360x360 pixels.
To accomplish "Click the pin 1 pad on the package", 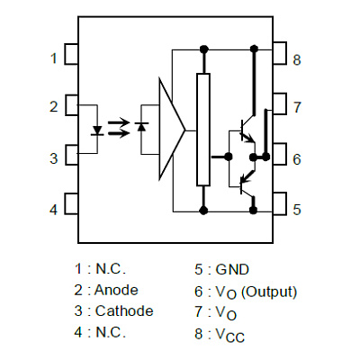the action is [x=71, y=54].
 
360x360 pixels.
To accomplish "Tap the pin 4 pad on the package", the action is [x=71, y=203].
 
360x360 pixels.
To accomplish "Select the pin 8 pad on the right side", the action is [x=280, y=53].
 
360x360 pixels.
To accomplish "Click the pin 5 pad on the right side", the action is [x=280, y=203].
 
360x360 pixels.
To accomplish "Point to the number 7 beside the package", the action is [x=297, y=107].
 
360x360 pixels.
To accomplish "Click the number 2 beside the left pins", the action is [x=53, y=107].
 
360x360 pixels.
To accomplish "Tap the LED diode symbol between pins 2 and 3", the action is [x=97, y=130].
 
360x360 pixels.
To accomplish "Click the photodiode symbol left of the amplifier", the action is [x=141, y=126].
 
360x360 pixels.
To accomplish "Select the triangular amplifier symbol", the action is [x=172, y=130].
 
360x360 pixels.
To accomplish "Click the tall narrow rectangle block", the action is [x=203, y=130].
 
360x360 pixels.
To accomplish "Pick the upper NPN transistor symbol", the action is [x=247, y=129].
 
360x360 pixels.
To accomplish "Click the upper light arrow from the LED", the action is [x=119, y=122].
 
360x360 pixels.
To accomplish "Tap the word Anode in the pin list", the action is [x=116, y=290].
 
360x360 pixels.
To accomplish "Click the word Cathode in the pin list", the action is [x=124, y=311].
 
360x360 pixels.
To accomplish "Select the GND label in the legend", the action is [x=232, y=269].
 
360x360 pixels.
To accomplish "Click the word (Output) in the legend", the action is [x=269, y=292].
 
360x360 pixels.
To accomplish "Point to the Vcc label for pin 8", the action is [x=230, y=335].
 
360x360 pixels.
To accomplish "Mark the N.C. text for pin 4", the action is [x=111, y=332].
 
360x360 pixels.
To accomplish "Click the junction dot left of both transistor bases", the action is [x=229, y=157].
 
